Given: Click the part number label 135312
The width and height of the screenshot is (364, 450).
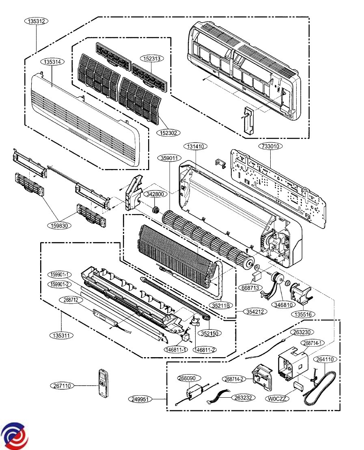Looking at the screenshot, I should (37, 21).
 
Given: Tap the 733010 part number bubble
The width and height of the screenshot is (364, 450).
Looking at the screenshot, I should (271, 146).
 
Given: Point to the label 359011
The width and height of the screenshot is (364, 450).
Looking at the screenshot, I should (168, 159).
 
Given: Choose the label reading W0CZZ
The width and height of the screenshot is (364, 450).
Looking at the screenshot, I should (278, 399).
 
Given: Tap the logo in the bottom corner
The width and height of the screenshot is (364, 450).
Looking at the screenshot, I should (14, 435).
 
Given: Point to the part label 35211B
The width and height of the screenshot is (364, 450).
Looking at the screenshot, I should (221, 305).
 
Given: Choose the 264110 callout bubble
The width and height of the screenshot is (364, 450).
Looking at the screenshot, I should (325, 359).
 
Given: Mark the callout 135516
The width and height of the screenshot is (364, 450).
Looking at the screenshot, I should (304, 314).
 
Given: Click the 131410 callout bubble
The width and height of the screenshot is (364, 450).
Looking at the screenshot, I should (195, 146).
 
